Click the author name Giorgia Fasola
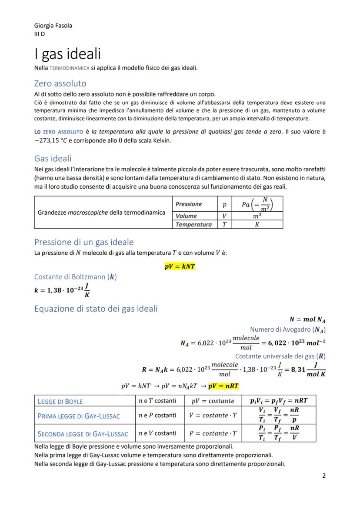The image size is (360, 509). pyautogui.click(x=53, y=25)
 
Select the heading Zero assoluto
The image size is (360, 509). pyautogui.click(x=60, y=83)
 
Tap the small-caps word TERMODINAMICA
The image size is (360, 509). pyautogui.click(x=69, y=68)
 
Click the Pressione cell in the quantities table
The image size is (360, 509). pyautogui.click(x=189, y=204)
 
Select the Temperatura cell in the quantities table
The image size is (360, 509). pyautogui.click(x=193, y=224)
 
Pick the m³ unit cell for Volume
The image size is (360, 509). pyautogui.click(x=257, y=216)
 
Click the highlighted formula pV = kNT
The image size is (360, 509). pyautogui.click(x=180, y=266)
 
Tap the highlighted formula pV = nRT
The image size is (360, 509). pyautogui.click(x=223, y=386)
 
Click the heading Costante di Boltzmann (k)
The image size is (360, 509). pyautogui.click(x=75, y=277)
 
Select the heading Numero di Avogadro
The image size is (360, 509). pyautogui.click(x=288, y=329)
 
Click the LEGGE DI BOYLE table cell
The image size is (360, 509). pyautogui.click(x=60, y=401)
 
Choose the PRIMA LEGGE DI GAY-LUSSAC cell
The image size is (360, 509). pyautogui.click(x=79, y=416)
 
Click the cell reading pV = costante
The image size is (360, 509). pyautogui.click(x=213, y=401)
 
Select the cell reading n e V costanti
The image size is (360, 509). pyautogui.click(x=157, y=433)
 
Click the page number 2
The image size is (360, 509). pyautogui.click(x=323, y=476)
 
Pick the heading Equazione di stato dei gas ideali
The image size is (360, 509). pyautogui.click(x=96, y=309)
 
